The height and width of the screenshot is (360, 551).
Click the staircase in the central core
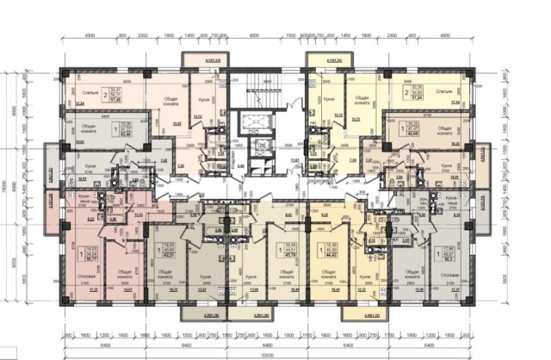[252, 90]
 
